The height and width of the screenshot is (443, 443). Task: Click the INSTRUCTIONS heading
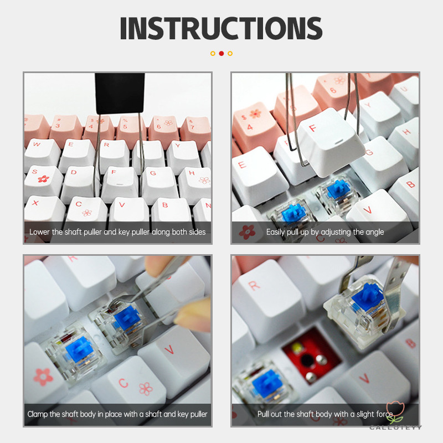click(x=221, y=28)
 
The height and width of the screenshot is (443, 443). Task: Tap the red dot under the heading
click(x=221, y=53)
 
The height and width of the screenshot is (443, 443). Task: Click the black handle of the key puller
click(x=120, y=93)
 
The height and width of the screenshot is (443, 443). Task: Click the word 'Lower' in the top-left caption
click(x=39, y=232)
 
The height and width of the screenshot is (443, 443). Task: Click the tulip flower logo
click(x=395, y=413)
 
